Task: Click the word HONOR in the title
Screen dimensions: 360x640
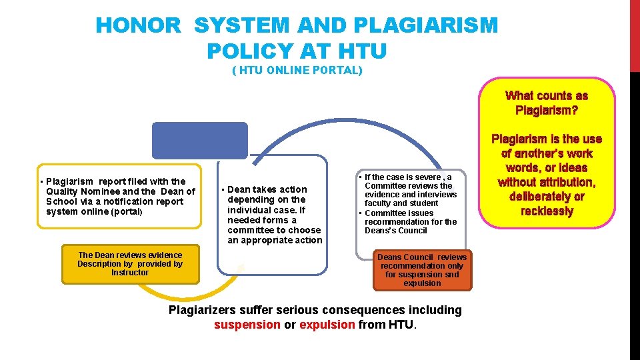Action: tap(138, 26)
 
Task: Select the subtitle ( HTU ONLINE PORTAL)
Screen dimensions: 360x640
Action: tap(297, 70)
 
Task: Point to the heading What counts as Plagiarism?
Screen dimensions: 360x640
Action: tap(547, 103)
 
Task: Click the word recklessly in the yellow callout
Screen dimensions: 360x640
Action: tap(547, 211)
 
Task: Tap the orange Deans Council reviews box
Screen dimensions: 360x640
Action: tap(422, 270)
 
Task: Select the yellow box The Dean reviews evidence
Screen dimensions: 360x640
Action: tap(130, 263)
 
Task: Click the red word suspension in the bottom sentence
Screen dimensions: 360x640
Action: tap(247, 325)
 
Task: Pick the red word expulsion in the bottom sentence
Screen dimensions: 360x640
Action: tap(327, 325)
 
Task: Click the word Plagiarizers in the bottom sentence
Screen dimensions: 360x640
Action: tap(203, 310)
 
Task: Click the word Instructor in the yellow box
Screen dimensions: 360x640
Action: tap(130, 273)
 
